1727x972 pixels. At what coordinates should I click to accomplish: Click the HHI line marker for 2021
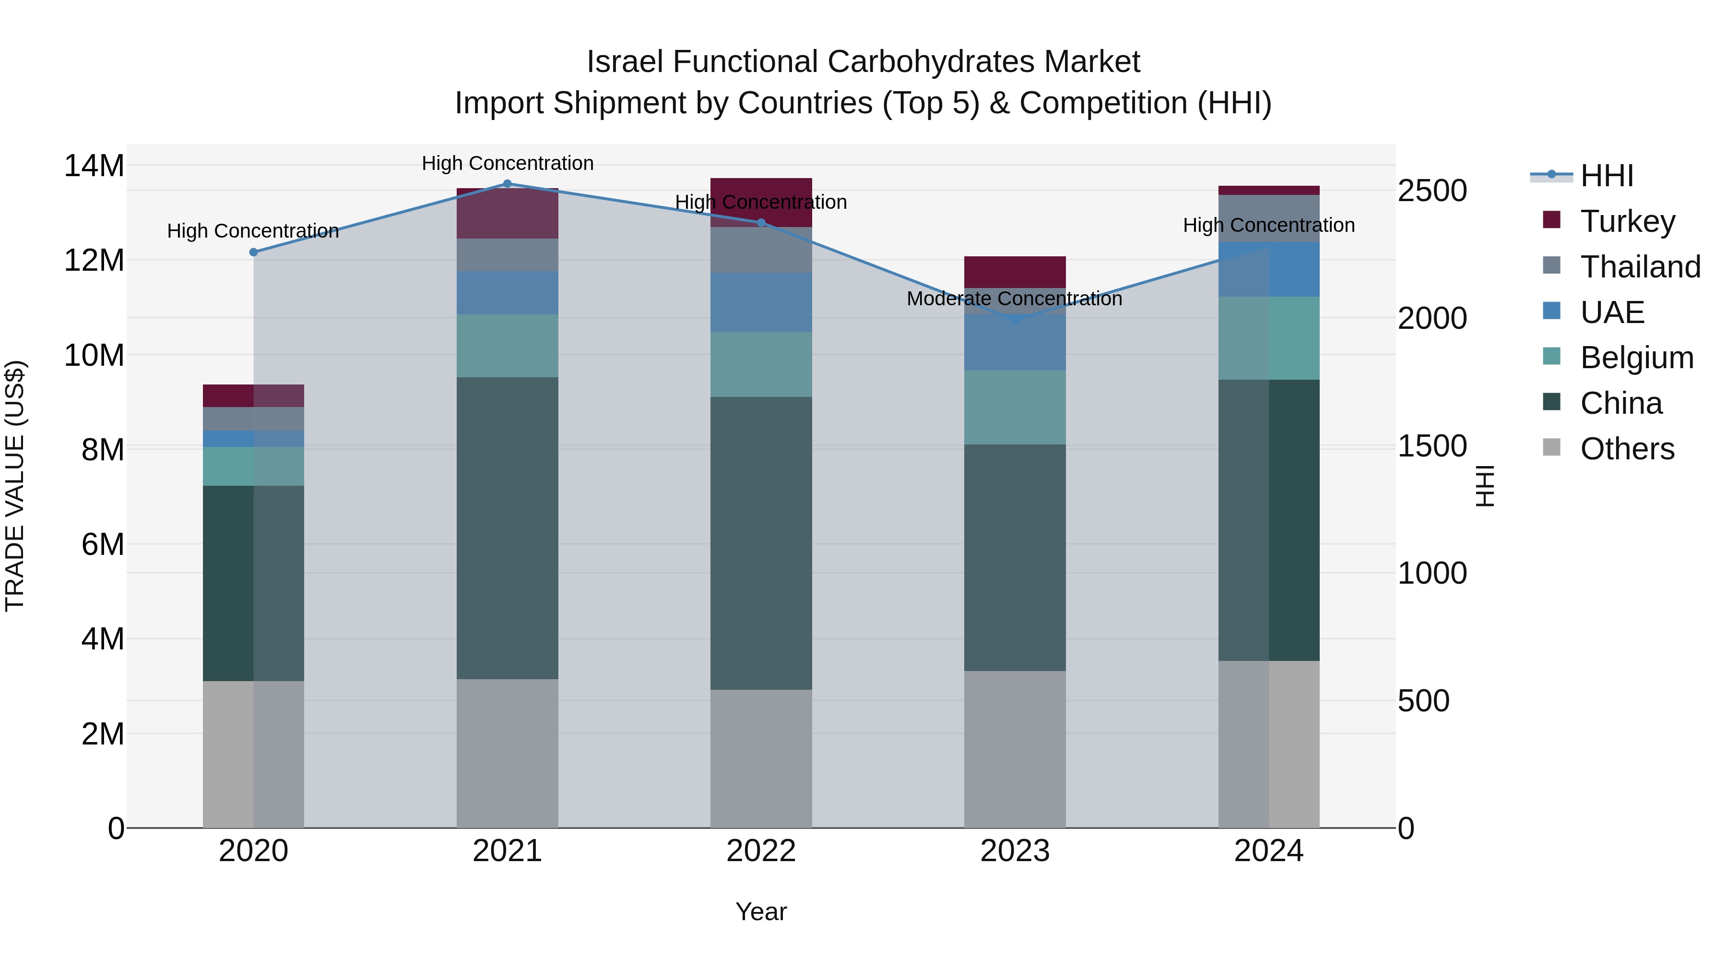pyautogui.click(x=507, y=184)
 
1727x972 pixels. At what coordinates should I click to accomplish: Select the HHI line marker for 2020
pyautogui.click(x=253, y=252)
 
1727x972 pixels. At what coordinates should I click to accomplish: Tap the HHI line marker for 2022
pyautogui.click(x=761, y=223)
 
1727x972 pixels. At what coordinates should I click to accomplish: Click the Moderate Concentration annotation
pyautogui.click(x=1014, y=299)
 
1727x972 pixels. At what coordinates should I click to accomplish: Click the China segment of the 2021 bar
pyautogui.click(x=507, y=528)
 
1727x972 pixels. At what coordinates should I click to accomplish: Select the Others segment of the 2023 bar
pyautogui.click(x=1014, y=749)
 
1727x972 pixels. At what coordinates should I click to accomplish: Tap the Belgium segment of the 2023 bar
pyautogui.click(x=1014, y=407)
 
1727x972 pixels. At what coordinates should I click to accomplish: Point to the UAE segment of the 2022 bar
pyautogui.click(x=761, y=302)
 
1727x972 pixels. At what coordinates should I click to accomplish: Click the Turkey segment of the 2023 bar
pyautogui.click(x=1014, y=272)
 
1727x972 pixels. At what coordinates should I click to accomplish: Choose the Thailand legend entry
pyautogui.click(x=1640, y=267)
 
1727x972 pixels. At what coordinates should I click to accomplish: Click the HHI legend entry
pyautogui.click(x=1606, y=177)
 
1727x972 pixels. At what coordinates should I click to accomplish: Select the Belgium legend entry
pyautogui.click(x=1636, y=358)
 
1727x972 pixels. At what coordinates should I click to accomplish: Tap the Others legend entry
pyautogui.click(x=1627, y=449)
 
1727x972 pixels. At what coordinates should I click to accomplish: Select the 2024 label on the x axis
pyautogui.click(x=1268, y=851)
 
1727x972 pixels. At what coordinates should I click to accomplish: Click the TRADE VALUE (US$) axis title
pyautogui.click(x=15, y=486)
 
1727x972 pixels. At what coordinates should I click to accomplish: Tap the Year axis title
pyautogui.click(x=761, y=912)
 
